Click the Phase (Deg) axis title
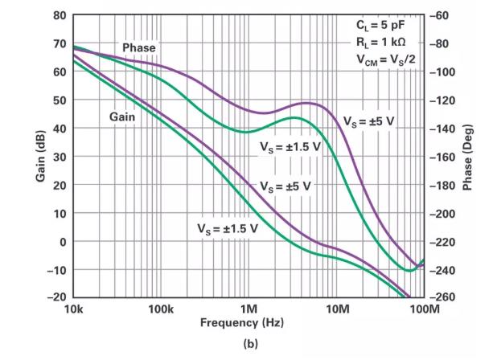(468, 157)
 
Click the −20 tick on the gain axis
(58, 297)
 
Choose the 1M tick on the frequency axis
(249, 309)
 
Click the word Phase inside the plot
(139, 48)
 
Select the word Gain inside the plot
(122, 117)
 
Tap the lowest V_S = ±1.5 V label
(228, 228)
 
